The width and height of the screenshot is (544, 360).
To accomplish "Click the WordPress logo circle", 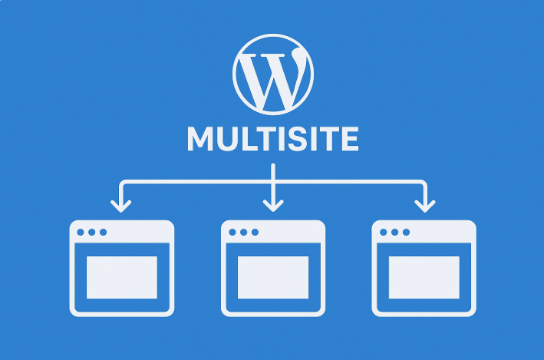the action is (273, 35).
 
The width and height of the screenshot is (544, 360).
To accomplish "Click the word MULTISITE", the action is (273, 139).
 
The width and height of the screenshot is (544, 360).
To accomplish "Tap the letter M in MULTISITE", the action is (199, 139).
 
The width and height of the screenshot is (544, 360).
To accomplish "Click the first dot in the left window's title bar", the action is (81, 233).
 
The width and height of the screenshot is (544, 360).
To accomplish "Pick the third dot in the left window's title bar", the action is (103, 233).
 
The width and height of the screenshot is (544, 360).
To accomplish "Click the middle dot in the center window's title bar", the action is (243, 233).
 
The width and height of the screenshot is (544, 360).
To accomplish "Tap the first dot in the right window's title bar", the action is (384, 233).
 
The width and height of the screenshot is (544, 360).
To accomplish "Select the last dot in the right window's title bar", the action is (406, 233).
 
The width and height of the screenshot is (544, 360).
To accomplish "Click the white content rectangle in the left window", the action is (122, 277).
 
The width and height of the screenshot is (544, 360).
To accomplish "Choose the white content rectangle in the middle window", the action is (273, 277).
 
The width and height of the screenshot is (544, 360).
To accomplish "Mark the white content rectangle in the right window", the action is (424, 277).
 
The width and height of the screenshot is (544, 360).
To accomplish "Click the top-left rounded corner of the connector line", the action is (122, 183).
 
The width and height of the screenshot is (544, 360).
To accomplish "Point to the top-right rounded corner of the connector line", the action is (424, 183).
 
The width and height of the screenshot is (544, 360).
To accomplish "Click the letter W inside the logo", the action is (274, 80).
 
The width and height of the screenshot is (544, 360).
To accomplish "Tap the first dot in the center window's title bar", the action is (232, 233).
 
